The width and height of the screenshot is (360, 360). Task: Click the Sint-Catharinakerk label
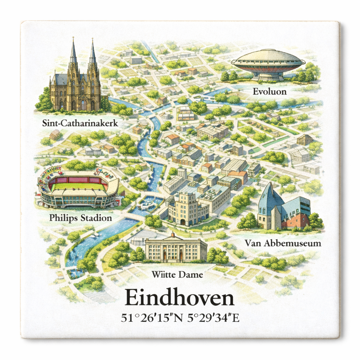80,123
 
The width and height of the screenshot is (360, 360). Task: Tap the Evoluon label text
269,92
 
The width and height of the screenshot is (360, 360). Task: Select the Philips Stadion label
81,218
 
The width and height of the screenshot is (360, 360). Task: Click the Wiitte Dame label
177,275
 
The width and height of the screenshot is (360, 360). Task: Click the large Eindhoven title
179,298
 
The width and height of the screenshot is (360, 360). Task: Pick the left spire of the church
73,53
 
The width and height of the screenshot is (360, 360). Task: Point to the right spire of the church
92,53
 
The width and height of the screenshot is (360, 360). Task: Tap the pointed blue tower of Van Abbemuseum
267,200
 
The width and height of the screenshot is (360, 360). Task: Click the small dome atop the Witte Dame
172,235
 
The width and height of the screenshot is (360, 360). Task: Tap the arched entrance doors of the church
83,105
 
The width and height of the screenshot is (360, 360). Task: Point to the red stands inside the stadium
78,180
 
